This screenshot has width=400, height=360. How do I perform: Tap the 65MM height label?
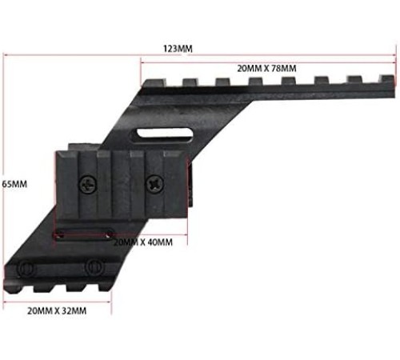point(14,184)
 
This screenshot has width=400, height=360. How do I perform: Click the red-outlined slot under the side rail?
point(83,234)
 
